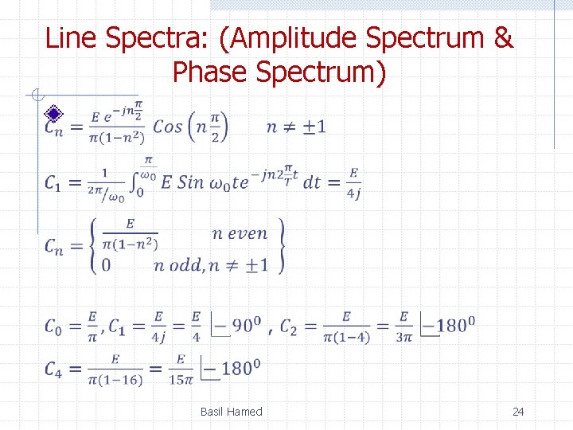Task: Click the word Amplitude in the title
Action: pos(297,37)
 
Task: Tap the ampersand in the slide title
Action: pos(503,37)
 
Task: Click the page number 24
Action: pos(518,412)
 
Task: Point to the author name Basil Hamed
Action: pos(231,412)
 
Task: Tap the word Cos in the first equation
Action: pos(168,126)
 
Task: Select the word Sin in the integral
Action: pos(191,182)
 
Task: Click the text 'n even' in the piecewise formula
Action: pos(240,233)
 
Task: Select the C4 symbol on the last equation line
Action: pos(54,369)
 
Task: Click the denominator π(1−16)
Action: pos(116,380)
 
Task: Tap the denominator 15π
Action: pos(181,380)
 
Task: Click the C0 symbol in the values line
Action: pos(54,326)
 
